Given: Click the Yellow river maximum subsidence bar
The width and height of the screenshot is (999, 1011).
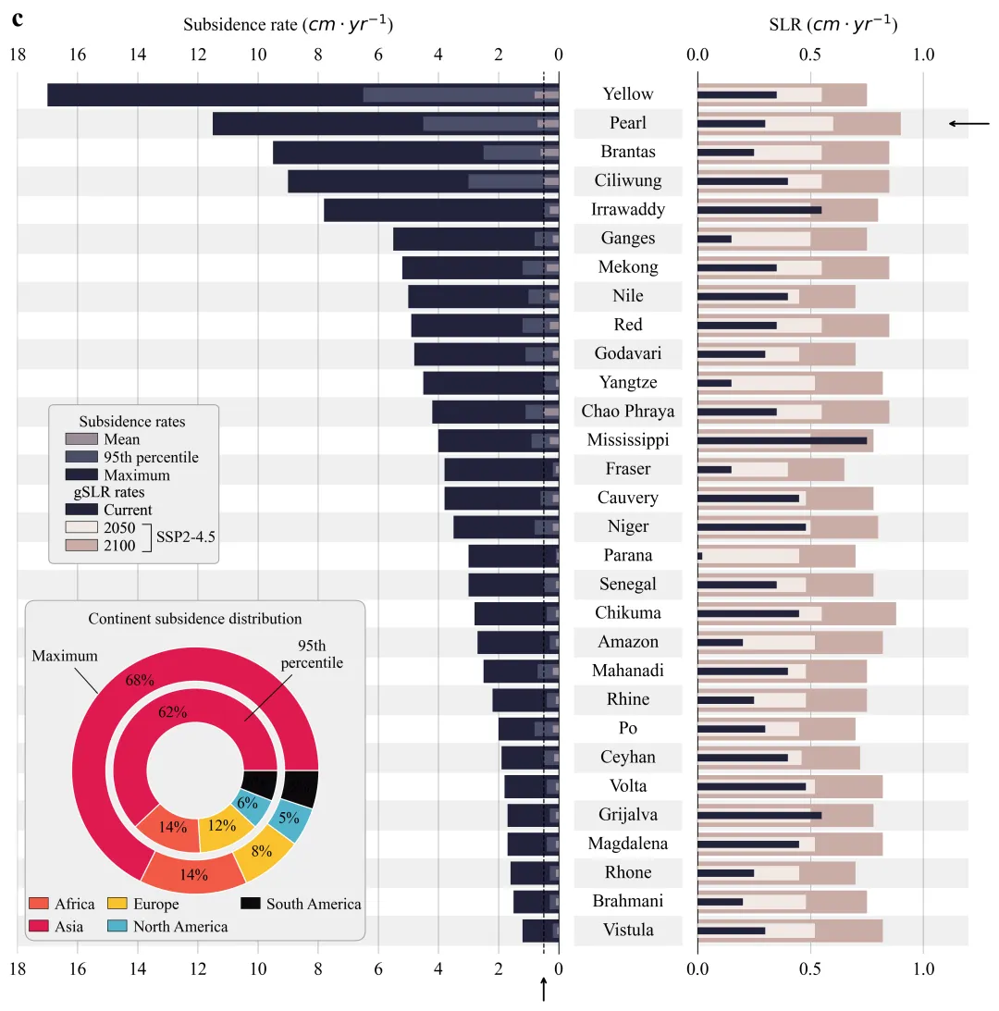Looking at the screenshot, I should click(203, 94).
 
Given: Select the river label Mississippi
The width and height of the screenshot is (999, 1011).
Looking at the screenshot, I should click(628, 440).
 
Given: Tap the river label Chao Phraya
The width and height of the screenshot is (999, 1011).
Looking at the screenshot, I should click(628, 412).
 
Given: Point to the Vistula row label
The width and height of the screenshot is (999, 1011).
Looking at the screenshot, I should click(628, 931).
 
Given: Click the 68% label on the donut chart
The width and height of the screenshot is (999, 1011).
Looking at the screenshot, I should click(140, 681).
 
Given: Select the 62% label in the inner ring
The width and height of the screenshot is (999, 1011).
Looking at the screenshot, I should click(173, 712).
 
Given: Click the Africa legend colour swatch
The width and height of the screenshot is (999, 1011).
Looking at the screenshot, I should click(39, 904).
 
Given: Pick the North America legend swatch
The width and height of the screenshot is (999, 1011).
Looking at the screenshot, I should click(118, 926).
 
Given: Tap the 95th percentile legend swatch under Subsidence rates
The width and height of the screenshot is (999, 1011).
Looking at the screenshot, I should click(80, 457).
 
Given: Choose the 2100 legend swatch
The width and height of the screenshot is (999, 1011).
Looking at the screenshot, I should click(80, 546).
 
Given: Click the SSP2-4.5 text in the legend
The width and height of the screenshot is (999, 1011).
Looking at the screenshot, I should click(185, 536).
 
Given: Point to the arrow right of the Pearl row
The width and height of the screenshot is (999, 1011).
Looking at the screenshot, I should click(968, 123).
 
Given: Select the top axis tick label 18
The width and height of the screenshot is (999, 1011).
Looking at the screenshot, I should click(17, 55).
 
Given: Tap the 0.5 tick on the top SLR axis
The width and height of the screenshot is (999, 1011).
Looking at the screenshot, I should click(810, 55).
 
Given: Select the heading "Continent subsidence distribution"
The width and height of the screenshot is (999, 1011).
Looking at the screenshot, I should click(195, 619).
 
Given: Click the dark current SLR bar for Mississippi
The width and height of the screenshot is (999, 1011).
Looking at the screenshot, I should click(782, 440).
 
